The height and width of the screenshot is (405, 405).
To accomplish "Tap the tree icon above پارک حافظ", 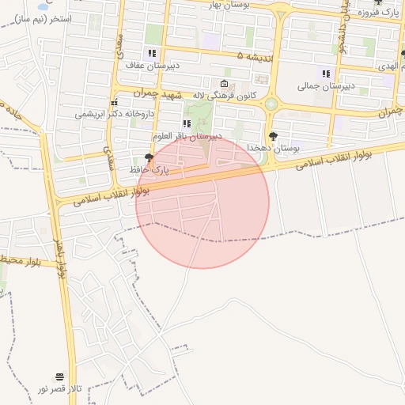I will pos(149,158).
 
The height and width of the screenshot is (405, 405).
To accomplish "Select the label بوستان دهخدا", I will pos(271,148).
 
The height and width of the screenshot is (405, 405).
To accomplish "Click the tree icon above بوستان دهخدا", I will pos(273,136).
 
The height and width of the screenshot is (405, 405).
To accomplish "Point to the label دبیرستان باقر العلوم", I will pos(187,135).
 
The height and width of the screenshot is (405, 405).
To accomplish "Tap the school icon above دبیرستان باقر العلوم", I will pos(187,123).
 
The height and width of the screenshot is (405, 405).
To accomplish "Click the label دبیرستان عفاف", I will pos(150,66).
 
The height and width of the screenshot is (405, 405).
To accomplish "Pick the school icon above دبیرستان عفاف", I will pos(151,54).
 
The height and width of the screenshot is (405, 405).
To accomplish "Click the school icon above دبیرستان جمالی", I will pos(326,74).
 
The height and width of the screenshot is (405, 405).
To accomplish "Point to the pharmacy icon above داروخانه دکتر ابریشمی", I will pos(115,102).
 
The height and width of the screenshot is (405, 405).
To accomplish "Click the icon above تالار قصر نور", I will pos(59,377).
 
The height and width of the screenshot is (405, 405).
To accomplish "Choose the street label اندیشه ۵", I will pos(251,56).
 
